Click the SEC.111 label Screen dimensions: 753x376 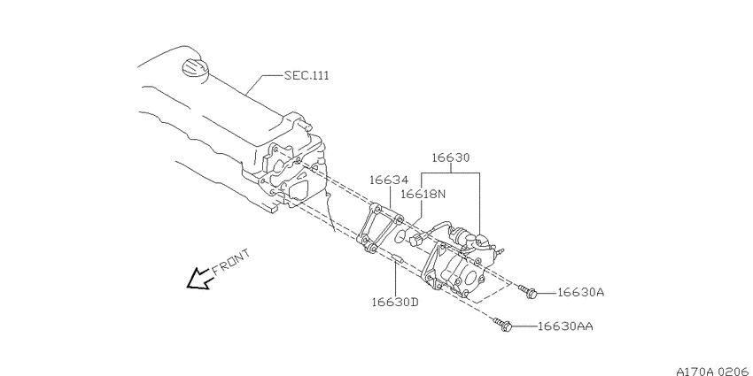coord(307,75)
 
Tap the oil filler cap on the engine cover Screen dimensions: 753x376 coord(195,67)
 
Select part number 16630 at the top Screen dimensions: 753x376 coord(450,157)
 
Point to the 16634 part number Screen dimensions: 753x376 coord(389,180)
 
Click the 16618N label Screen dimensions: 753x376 coord(423,194)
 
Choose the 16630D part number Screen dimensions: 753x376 coord(395,303)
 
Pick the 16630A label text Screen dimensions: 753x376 coord(580,292)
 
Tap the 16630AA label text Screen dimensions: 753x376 coord(565,326)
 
